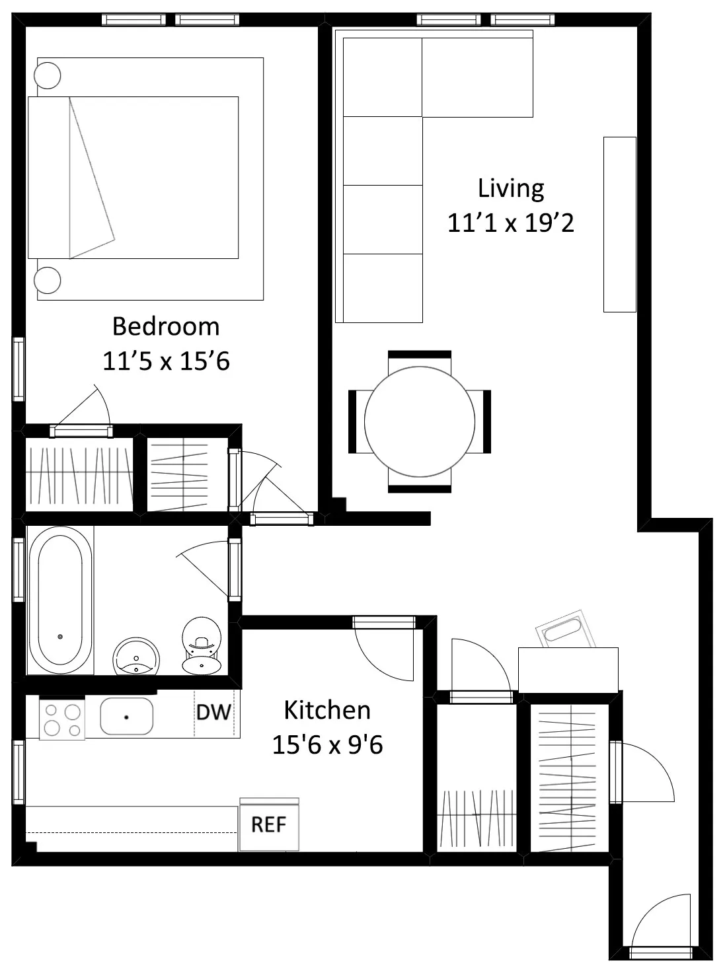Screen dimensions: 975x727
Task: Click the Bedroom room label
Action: pos(165,326)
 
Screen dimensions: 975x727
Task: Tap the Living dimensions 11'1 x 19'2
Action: pos(510,223)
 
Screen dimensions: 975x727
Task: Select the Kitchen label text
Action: pos(326,710)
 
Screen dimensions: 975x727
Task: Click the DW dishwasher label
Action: pos(213,712)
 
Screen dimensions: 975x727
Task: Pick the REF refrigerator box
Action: pos(269,824)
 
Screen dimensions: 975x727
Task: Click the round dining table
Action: pos(420,421)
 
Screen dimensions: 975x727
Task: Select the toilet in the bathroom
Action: pos(201,645)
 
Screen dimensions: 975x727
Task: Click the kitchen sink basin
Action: pos(126,716)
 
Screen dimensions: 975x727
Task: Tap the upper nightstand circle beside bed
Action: pos(48,75)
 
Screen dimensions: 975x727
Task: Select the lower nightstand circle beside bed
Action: pos(48,280)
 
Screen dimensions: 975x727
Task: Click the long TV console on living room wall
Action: pos(619,225)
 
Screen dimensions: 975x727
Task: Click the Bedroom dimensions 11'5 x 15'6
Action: pos(165,361)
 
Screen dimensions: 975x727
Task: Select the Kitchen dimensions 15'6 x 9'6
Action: pos(326,745)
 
